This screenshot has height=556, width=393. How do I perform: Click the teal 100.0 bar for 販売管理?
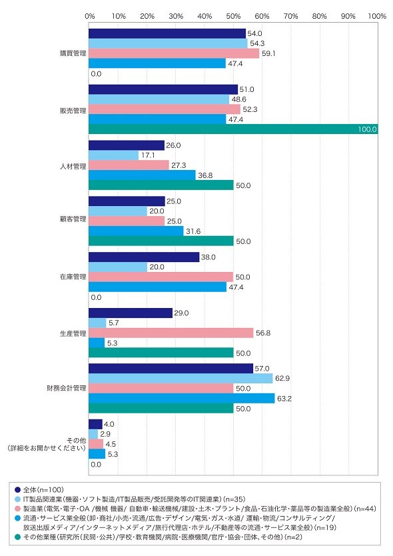pos(233,129)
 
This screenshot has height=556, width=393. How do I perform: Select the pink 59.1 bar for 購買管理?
pos(174,53)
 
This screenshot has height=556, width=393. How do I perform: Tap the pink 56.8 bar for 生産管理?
pos(171,333)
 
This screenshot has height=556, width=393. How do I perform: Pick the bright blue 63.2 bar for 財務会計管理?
pos(181,399)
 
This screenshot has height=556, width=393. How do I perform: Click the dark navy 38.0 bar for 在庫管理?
pos(144,257)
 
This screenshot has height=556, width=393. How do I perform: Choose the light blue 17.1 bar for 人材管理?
pos(113,155)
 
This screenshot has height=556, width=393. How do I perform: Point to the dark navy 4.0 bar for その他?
pos(95,424)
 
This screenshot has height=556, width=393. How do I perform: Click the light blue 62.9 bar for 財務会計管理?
pos(181,379)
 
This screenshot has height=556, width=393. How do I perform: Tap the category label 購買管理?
pos(73,53)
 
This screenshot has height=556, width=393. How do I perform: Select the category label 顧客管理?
pos(73,219)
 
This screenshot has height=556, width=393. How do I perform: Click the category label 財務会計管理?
pos(67,388)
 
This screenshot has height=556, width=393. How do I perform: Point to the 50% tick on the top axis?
pos(233,16)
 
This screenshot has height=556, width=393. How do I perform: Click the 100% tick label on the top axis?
pos(377,16)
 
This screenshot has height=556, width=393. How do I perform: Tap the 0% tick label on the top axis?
pos(90,16)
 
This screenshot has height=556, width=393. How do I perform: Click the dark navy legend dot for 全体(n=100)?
pos(17,490)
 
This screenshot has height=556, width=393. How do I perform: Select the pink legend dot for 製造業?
pos(17,509)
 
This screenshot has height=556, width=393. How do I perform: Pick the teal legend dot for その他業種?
pos(17,537)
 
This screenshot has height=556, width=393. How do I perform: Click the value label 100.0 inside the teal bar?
pos(367,129)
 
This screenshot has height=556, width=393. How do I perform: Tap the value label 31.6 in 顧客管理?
pos(193,231)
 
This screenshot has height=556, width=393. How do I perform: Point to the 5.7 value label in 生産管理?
pos(114,323)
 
